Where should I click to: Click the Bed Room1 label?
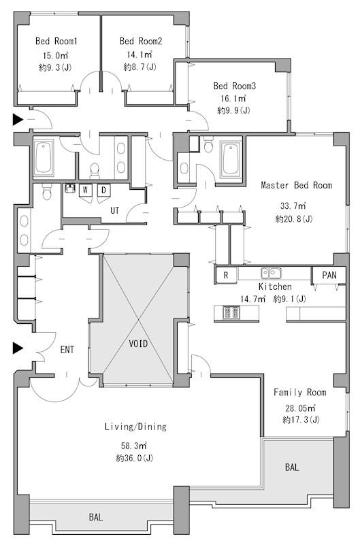pyautogui.click(x=56, y=41)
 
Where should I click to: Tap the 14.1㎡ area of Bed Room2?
pyautogui.click(x=140, y=54)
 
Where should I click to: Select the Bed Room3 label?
pyautogui.click(x=235, y=86)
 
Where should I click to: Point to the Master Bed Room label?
pyautogui.click(x=297, y=185)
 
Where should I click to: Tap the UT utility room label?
pyautogui.click(x=115, y=210)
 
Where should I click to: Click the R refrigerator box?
pyautogui.click(x=226, y=276)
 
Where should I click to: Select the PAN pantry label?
pyautogui.click(x=329, y=276)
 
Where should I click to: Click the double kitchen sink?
pyautogui.click(x=271, y=274)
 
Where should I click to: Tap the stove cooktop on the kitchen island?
pyautogui.click(x=231, y=312)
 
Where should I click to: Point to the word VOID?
pyautogui.click(x=138, y=344)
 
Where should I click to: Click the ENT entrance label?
pyautogui.click(x=67, y=350)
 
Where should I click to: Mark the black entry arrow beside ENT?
pyautogui.click(x=18, y=348)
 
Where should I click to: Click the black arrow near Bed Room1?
pyautogui.click(x=18, y=119)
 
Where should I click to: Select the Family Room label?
pyautogui.click(x=300, y=393)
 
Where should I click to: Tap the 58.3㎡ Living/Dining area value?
pyautogui.click(x=134, y=445)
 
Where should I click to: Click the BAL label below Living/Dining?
pyautogui.click(x=95, y=517)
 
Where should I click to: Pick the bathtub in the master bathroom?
pyautogui.click(x=231, y=159)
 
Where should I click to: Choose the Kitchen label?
pyautogui.click(x=275, y=286)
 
